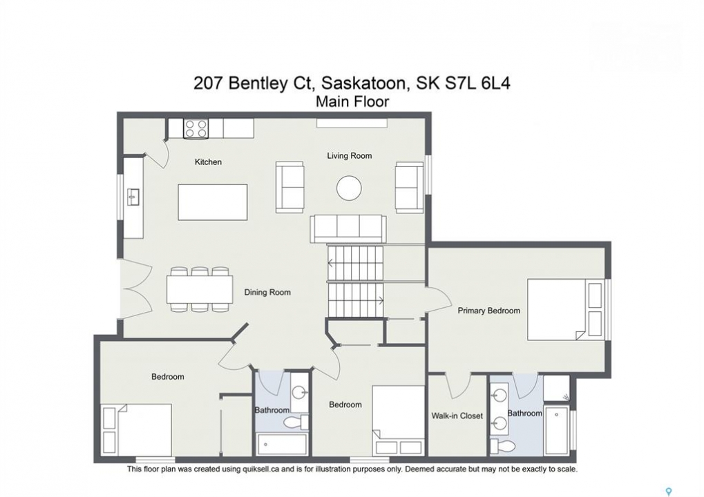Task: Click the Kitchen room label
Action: [x=208, y=162]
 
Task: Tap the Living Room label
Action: [x=350, y=155]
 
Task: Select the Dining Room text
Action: [x=267, y=293]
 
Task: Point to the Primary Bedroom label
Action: [x=488, y=311]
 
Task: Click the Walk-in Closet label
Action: [x=457, y=416]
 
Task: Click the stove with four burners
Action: [x=196, y=128]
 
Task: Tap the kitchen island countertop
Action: [x=212, y=202]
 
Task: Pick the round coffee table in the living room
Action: [x=350, y=188]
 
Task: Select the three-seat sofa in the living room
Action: [x=348, y=228]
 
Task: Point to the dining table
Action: [x=200, y=289]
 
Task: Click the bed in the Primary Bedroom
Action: [x=565, y=309]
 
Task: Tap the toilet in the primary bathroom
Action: [x=504, y=446]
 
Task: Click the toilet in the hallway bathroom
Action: [x=296, y=422]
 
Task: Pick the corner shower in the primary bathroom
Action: [x=557, y=388]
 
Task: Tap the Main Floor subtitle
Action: [x=352, y=102]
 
